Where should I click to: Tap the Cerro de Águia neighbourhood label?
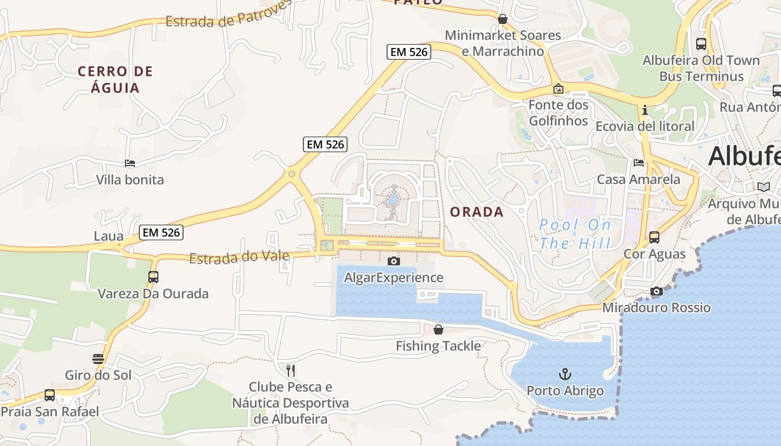115,79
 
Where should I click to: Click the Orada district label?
476,212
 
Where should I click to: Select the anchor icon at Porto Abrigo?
565,374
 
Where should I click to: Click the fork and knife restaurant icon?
290,370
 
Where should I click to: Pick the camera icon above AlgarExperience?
393,260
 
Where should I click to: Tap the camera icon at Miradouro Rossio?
657,291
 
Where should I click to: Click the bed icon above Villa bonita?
130,163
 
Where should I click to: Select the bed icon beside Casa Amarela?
639,163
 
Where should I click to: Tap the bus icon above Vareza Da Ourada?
153,277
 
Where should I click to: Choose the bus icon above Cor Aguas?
654,237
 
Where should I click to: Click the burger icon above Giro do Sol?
98,358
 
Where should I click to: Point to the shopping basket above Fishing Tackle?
438,329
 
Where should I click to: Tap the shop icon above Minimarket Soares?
502,19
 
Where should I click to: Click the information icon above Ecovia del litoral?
645,110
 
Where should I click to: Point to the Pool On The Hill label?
575,234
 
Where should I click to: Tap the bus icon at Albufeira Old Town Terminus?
701,43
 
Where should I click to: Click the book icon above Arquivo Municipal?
763,187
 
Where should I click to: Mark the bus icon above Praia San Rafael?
50,395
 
